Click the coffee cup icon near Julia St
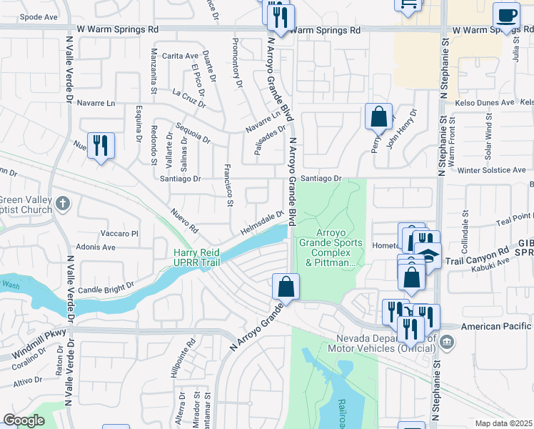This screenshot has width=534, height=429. point(506,16)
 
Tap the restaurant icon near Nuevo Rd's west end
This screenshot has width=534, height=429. point(100,146)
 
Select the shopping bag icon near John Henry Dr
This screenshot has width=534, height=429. point(378,116)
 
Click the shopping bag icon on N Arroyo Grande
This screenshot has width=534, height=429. point(286,287)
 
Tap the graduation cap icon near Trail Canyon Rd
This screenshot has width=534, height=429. point(428,255)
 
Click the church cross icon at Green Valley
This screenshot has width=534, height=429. point(63,204)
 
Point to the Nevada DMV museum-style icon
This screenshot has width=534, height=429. point(447,342)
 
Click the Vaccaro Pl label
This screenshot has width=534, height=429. point(119,233)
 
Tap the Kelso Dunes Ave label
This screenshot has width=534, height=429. point(488,103)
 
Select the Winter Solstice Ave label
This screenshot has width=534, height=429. point(491,170)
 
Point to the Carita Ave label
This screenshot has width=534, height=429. point(180,56)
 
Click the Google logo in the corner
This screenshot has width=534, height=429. point(24,420)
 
